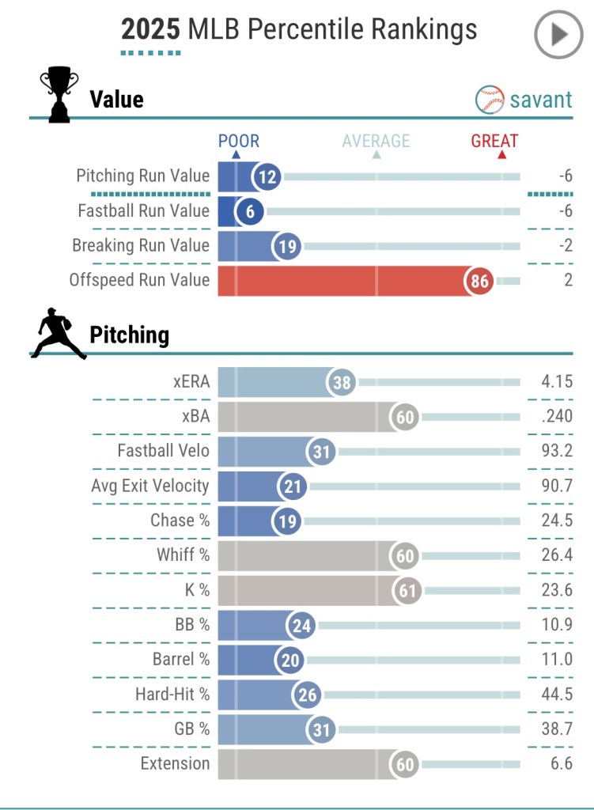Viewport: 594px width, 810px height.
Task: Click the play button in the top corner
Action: [x=558, y=34]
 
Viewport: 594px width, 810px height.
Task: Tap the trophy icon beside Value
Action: [x=59, y=94]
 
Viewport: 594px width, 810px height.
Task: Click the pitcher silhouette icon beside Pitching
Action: [x=58, y=334]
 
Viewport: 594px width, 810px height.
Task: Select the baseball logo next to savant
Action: [x=490, y=100]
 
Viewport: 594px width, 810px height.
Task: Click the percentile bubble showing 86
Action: [x=479, y=280]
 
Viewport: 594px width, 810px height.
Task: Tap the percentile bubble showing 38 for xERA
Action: [x=342, y=383]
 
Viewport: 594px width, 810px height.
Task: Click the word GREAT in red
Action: [x=494, y=142]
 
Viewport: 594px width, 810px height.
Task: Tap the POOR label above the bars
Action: [x=238, y=142]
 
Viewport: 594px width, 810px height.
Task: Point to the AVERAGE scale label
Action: [x=376, y=142]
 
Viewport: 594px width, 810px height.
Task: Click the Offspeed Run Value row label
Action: [x=139, y=280]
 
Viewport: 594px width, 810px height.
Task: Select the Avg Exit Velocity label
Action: [x=149, y=486]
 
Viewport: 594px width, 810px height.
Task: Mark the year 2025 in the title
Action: [x=151, y=30]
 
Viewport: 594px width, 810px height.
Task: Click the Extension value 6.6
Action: [x=559, y=763]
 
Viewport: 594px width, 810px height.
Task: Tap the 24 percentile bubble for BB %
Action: [x=301, y=625]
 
